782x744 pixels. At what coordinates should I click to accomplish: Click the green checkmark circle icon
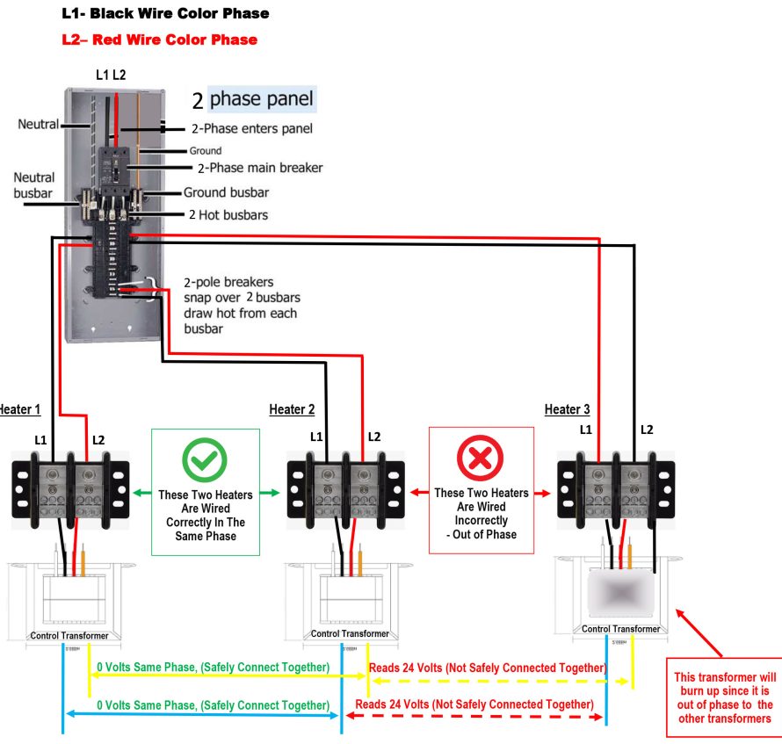click(204, 458)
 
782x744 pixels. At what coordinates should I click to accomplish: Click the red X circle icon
click(480, 458)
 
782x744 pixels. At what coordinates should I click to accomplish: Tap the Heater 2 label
click(292, 409)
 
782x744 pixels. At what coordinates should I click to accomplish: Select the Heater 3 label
click(568, 409)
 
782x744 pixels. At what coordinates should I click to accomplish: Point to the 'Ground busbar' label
click(226, 192)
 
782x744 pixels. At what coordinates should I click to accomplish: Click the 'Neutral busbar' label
click(33, 185)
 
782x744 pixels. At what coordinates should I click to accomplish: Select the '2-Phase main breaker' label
click(260, 168)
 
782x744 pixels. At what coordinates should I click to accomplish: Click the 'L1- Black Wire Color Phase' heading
click(166, 14)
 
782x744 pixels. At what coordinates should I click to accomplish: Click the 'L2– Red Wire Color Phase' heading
click(160, 40)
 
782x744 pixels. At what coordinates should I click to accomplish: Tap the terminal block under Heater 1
click(70, 488)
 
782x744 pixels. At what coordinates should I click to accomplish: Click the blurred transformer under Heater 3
click(620, 594)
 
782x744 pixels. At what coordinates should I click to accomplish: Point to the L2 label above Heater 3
click(647, 430)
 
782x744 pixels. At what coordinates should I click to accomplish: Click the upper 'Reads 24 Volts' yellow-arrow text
click(487, 668)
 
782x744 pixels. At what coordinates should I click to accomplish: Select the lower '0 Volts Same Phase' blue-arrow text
click(213, 704)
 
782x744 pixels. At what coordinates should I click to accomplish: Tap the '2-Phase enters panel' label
click(252, 129)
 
